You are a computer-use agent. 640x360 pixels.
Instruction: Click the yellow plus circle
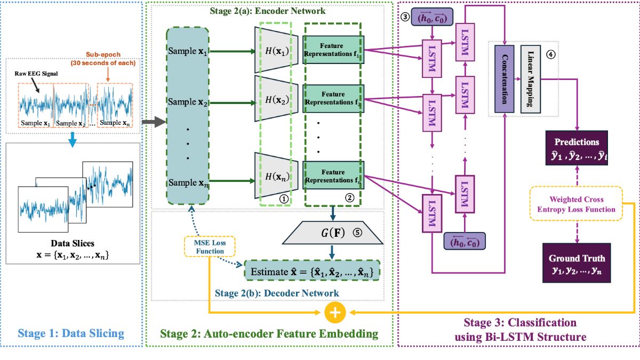[335, 313]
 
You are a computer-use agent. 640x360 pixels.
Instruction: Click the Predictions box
[577, 148]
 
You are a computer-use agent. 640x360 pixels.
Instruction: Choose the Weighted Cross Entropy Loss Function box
[577, 203]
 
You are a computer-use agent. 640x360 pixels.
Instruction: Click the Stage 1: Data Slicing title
[71, 334]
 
